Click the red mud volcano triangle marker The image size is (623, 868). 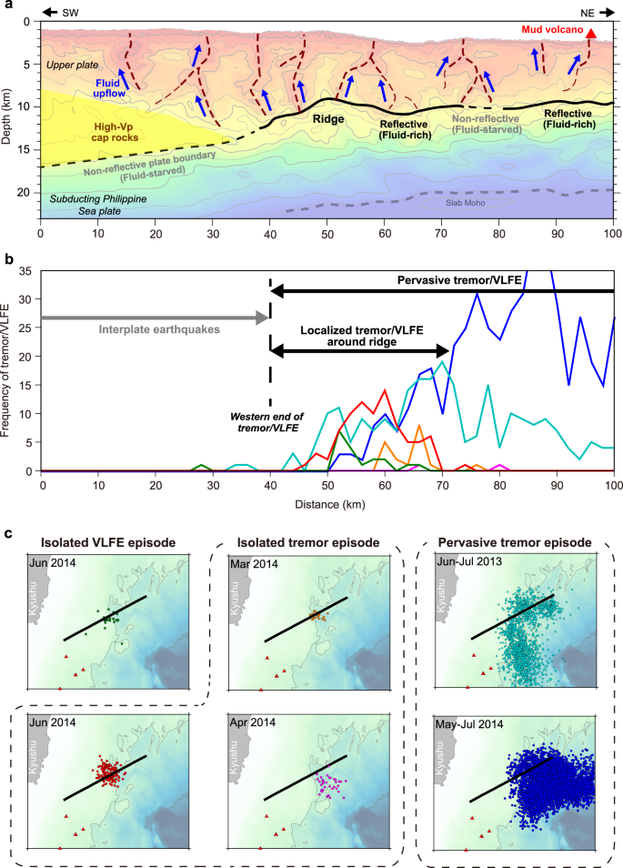591,35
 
